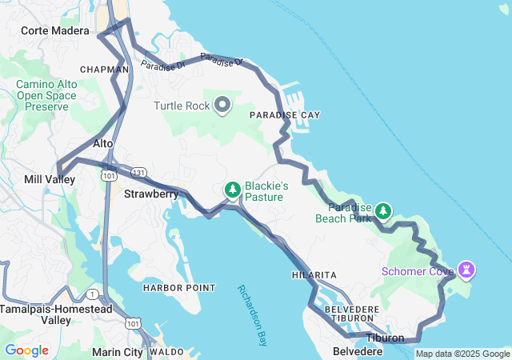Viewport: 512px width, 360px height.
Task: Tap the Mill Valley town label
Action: [50, 180]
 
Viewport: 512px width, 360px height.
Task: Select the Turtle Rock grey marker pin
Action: [222, 105]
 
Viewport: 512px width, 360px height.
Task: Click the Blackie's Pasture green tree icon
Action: [233, 190]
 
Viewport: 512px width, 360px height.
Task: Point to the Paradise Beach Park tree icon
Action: [383, 210]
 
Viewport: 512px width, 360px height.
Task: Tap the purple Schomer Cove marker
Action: [466, 269]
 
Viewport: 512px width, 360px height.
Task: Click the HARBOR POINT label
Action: [179, 288]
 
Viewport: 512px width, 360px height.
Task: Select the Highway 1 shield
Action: [94, 294]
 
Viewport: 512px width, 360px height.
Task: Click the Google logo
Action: [26, 350]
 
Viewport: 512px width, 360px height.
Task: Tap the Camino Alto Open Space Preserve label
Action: [46, 95]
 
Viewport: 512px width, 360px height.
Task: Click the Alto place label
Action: [103, 143]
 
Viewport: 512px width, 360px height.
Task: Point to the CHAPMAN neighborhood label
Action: [105, 70]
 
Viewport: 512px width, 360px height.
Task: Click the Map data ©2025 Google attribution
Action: [462, 354]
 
